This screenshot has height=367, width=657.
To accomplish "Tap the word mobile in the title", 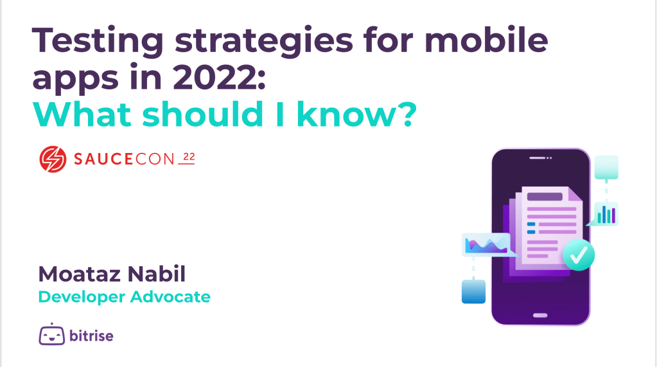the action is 486,40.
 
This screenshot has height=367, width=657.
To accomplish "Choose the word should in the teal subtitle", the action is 203,114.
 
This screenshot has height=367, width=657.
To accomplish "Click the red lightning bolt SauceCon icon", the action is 53,159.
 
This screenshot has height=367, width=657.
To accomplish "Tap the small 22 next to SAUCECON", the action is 189,157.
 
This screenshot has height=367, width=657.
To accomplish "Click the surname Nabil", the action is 156,274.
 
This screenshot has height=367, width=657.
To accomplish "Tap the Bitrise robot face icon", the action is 52,334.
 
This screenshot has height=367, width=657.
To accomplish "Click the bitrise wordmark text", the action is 91,336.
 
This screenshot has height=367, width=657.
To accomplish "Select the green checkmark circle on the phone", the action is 578,255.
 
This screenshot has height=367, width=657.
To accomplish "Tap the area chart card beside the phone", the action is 487,244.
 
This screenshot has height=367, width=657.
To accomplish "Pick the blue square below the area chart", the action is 473,292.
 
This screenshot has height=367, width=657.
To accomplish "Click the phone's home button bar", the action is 540,316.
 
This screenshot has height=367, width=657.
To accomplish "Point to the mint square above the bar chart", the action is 606,167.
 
